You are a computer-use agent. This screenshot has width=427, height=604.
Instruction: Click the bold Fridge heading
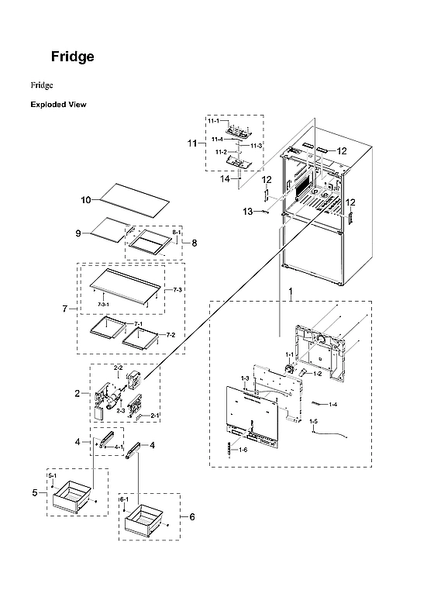click(73, 57)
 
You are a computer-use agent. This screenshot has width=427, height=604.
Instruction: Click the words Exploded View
click(58, 104)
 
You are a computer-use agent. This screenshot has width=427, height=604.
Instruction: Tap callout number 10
click(86, 199)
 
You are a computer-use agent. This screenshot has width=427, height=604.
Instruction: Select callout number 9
click(78, 233)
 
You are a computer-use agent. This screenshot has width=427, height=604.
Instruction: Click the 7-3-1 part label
click(103, 305)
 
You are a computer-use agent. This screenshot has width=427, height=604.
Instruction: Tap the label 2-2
click(119, 367)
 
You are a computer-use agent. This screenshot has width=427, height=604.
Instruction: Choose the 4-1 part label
click(119, 447)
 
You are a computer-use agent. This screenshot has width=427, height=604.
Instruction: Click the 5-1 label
click(52, 475)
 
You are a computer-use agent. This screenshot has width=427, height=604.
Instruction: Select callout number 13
click(247, 211)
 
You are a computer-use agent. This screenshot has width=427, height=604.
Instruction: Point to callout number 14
click(226, 179)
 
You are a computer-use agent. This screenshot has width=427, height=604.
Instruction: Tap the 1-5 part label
click(314, 421)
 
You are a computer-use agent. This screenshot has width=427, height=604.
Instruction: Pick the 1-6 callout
click(243, 450)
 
